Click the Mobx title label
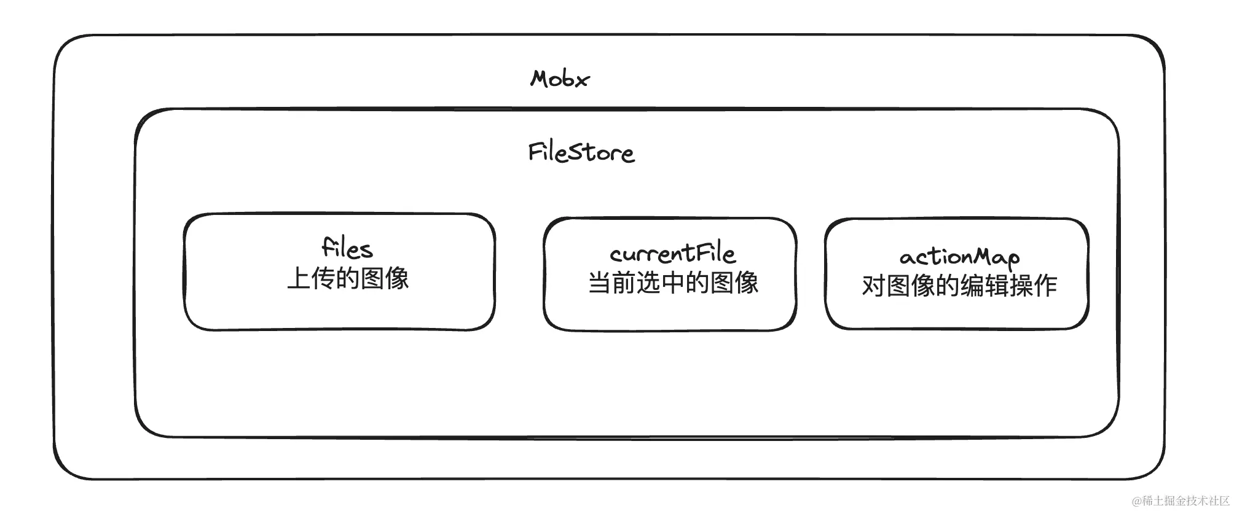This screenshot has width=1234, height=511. click(559, 79)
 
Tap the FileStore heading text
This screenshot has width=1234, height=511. click(581, 152)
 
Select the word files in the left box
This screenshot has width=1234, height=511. click(347, 248)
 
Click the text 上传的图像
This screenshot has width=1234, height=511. click(348, 278)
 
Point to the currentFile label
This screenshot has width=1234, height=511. click(672, 253)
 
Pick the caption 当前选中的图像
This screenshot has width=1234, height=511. click(673, 283)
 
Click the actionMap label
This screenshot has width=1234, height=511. click(959, 257)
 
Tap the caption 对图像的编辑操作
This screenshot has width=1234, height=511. click(959, 286)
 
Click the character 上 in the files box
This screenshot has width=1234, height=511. click(299, 279)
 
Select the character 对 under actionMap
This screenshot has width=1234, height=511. click(873, 286)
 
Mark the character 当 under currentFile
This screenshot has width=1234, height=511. click(599, 283)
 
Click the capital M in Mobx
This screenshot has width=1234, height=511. click(540, 79)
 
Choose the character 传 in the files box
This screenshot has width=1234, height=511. click(323, 279)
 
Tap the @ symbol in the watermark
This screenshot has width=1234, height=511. click(1137, 501)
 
